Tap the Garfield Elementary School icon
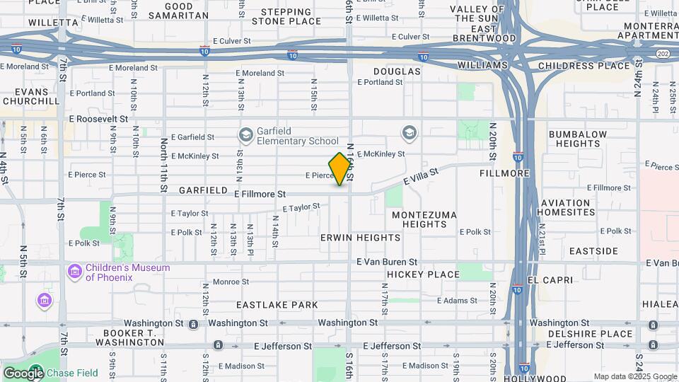(246, 135)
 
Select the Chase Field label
(69, 373)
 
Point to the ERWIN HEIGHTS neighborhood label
(361, 238)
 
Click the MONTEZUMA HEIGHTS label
(424, 219)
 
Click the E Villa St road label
(422, 176)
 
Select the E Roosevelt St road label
(98, 120)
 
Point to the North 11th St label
(163, 164)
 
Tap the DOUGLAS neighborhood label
(397, 71)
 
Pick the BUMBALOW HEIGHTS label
(578, 139)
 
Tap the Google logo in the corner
(23, 373)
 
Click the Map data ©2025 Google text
(634, 376)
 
